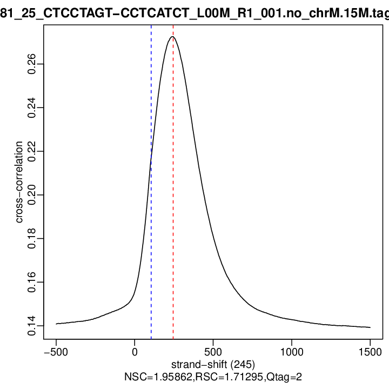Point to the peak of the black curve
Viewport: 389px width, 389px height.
[173, 37]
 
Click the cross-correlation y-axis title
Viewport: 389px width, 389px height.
[19, 182]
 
